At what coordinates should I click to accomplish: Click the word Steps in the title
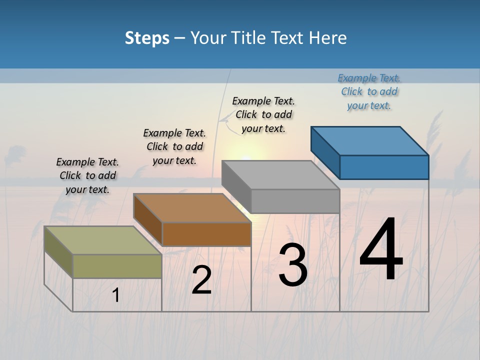click(147, 38)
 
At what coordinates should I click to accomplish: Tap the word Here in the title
click(326, 38)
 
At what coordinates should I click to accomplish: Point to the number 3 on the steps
click(292, 265)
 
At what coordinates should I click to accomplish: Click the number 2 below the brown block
click(201, 280)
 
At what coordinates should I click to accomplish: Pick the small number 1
click(115, 295)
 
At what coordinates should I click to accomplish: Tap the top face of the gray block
click(280, 175)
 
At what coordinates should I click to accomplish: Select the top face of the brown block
click(192, 208)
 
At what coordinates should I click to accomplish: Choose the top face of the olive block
click(103, 240)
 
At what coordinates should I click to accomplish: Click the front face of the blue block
click(384, 167)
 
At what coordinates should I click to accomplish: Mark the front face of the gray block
click(295, 201)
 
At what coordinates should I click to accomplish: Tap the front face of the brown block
click(206, 234)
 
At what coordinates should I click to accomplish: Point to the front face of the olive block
click(117, 266)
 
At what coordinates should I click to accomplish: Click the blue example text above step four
click(369, 91)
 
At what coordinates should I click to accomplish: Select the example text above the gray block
click(263, 114)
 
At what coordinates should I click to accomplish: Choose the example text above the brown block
click(174, 146)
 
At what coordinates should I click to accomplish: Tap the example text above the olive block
click(87, 175)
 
